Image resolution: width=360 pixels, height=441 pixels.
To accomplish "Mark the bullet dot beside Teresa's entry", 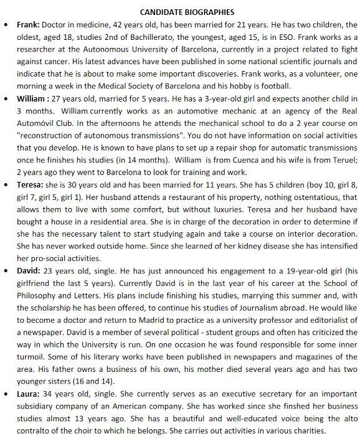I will pos(6,184).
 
